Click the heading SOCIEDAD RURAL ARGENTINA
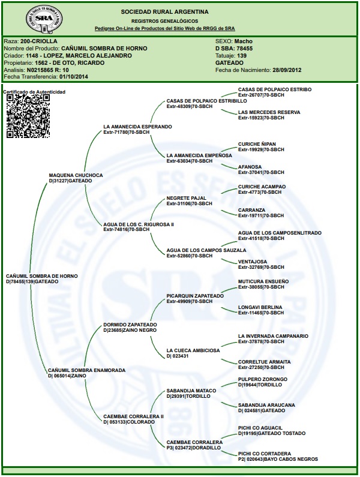click(164, 11)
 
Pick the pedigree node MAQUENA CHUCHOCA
click(76, 175)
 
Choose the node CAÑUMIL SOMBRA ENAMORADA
click(86, 370)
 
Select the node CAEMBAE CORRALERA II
click(133, 416)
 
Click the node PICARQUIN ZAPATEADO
click(195, 296)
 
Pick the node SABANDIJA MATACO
click(191, 391)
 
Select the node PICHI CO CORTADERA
click(265, 454)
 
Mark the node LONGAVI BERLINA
click(260, 307)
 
